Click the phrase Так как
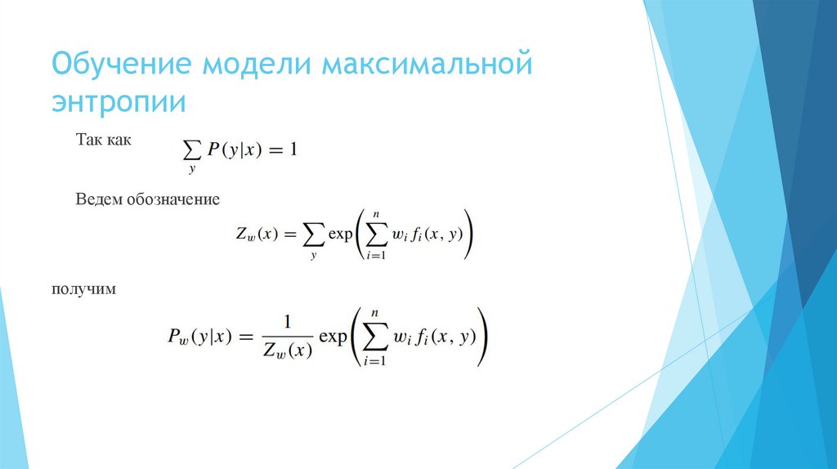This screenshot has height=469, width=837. pyautogui.click(x=103, y=141)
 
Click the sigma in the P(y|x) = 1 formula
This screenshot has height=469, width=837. pyautogui.click(x=192, y=149)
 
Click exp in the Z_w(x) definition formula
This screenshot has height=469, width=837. pyautogui.click(x=339, y=234)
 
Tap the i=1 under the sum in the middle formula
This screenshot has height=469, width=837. pyautogui.click(x=374, y=256)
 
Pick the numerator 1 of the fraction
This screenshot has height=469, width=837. pyautogui.click(x=288, y=322)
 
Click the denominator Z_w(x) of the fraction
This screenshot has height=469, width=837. pyautogui.click(x=288, y=350)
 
